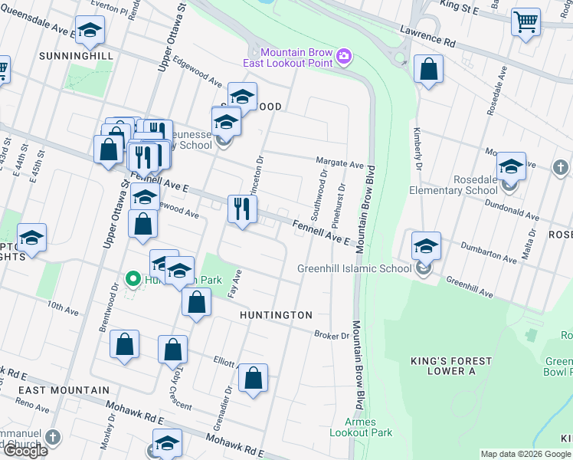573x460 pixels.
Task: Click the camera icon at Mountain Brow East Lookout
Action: (x=345, y=56)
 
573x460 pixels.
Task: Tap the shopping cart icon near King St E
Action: (x=526, y=22)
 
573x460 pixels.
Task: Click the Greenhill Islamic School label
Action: (x=354, y=268)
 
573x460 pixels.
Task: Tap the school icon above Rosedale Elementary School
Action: (x=511, y=167)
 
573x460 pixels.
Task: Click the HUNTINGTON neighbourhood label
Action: (x=276, y=315)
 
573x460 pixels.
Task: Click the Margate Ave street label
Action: (x=340, y=164)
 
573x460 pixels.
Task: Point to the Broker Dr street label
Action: (x=332, y=335)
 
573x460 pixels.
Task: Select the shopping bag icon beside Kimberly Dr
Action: (x=428, y=70)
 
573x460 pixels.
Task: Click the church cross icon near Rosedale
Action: (x=560, y=167)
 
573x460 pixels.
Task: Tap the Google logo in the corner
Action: (x=25, y=452)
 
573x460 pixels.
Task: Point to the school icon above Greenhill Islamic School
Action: (x=425, y=246)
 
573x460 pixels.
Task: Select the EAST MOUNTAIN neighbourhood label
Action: (x=65, y=390)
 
